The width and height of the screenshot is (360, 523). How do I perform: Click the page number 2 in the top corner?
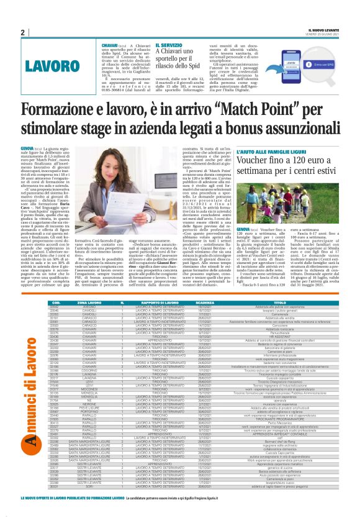click(x=22, y=32)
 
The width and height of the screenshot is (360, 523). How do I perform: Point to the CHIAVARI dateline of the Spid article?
click(x=112, y=45)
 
